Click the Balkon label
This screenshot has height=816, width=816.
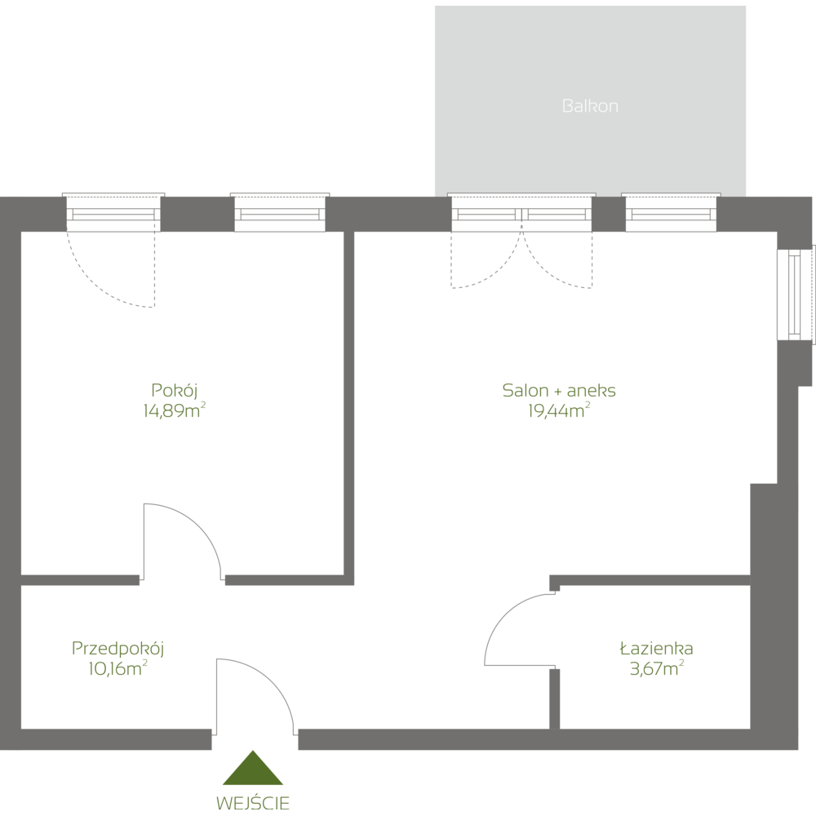point(589,106)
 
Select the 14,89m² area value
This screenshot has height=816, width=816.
point(173,410)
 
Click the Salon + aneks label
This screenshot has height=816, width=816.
point(559,391)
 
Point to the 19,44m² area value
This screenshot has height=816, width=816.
point(559,411)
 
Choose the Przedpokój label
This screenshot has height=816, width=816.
point(119,649)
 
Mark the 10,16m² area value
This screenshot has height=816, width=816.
point(118,669)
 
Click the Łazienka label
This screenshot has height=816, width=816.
point(656,650)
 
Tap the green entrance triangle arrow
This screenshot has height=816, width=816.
point(253,771)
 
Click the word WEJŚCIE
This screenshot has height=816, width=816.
point(253,802)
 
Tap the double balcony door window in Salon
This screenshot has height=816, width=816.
point(521,214)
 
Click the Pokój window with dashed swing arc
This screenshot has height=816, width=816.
point(113,214)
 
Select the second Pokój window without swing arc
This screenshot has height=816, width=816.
point(280,214)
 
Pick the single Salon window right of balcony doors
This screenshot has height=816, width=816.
point(671,214)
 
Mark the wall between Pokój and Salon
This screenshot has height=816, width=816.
point(349,408)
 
